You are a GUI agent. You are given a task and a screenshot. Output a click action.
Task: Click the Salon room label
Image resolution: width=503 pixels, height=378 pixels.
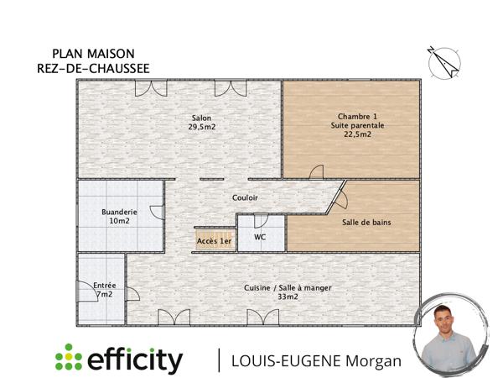tap(201, 118)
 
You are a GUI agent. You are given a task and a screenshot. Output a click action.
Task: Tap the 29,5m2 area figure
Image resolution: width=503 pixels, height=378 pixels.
tap(201, 127)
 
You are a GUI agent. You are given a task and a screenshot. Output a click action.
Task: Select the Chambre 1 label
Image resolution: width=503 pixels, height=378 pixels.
tap(358, 116)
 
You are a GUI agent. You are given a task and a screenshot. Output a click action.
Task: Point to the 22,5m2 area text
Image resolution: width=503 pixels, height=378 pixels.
tap(358, 134)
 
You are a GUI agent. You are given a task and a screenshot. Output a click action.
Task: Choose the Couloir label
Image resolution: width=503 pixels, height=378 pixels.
tap(245, 197)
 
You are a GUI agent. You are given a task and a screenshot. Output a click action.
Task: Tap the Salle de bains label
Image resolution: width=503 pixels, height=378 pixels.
tap(366, 222)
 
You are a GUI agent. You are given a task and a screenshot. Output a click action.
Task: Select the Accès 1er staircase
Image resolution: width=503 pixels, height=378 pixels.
tap(214, 239)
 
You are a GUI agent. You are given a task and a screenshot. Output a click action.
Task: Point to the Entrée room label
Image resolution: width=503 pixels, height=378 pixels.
tap(105, 286)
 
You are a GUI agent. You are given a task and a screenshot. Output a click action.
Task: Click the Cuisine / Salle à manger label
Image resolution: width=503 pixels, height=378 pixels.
tap(288, 287)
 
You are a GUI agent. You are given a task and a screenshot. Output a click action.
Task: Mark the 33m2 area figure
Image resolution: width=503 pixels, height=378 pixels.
tap(288, 297)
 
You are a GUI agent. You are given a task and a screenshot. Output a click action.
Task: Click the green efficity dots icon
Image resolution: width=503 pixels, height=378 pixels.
tap(69, 359)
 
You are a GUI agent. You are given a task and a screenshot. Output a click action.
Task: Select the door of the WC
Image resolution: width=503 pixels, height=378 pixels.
tap(260, 221)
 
